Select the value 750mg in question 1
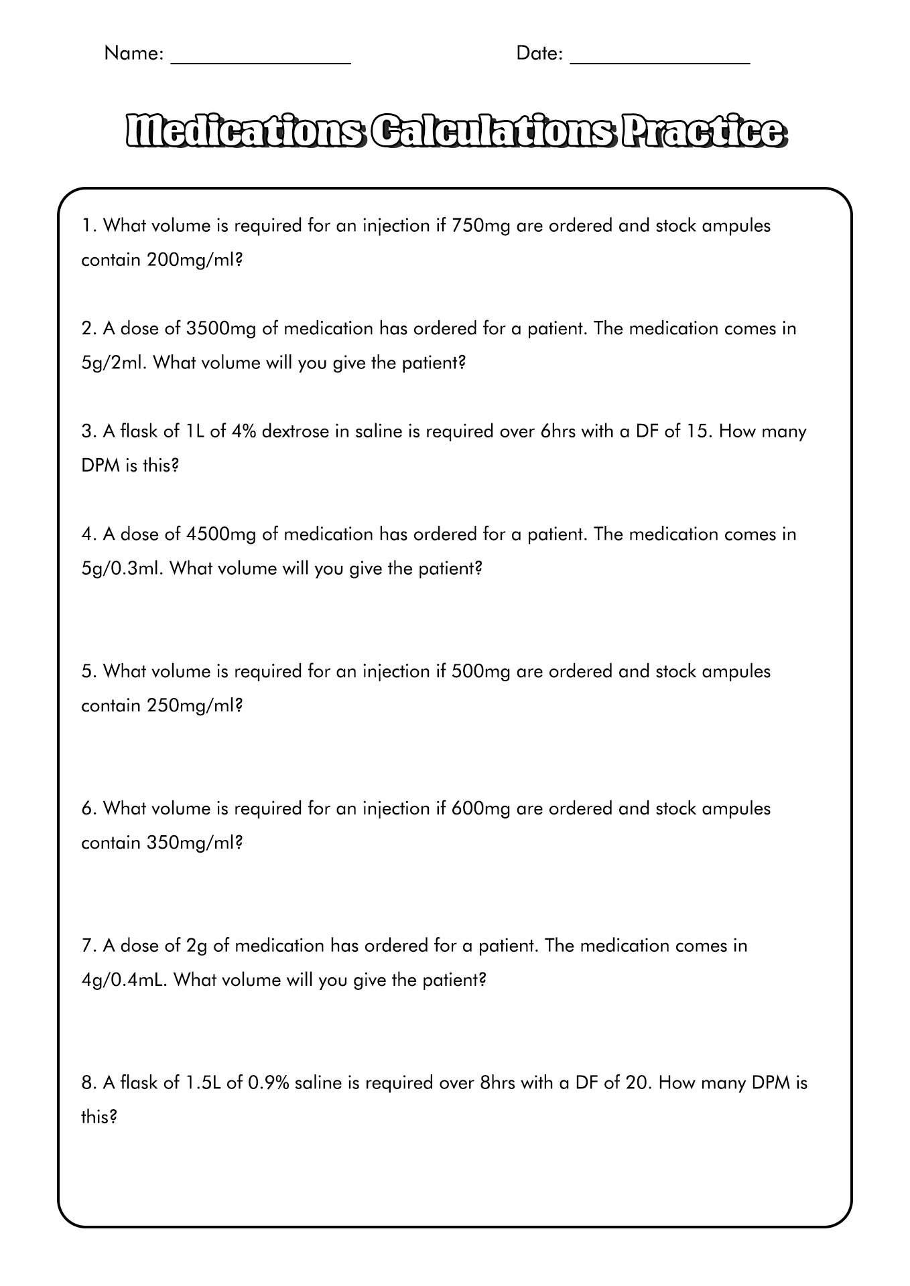(x=481, y=226)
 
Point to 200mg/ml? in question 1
(x=194, y=260)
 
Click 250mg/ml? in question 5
(x=194, y=705)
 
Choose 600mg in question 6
(x=481, y=808)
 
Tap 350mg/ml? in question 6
(x=194, y=843)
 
